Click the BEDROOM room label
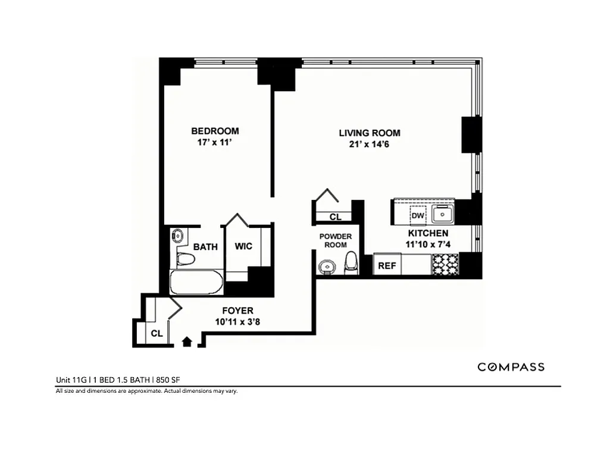(215, 131)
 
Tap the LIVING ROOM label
(370, 133)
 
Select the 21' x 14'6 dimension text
(370, 146)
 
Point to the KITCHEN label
(428, 233)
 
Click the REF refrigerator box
(387, 265)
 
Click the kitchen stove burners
(445, 264)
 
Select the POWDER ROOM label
(336, 240)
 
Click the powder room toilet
(351, 262)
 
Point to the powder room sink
(326, 265)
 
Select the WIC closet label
(243, 246)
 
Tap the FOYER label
(237, 311)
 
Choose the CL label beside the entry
(157, 334)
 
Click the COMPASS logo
(511, 367)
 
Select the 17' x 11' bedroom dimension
(215, 143)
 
